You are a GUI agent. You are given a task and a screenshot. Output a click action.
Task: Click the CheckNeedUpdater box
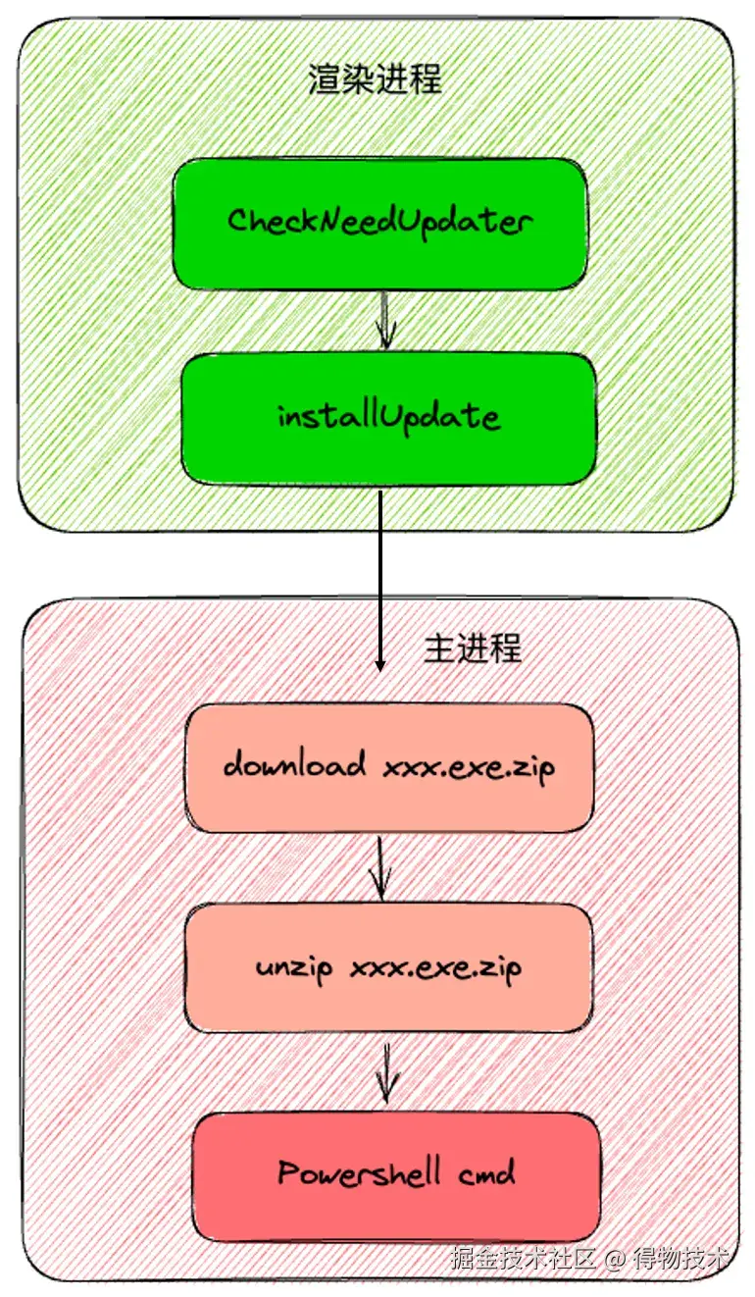379,224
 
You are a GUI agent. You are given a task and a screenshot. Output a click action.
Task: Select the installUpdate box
389,419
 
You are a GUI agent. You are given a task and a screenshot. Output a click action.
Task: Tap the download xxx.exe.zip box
389,767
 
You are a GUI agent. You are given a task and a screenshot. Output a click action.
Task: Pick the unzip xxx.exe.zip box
389,968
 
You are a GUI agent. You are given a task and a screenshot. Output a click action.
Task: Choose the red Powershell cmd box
396,1174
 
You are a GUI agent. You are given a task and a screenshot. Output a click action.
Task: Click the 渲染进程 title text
375,79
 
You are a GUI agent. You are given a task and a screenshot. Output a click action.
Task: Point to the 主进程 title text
473,648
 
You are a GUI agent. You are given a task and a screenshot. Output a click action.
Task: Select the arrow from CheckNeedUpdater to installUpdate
385,321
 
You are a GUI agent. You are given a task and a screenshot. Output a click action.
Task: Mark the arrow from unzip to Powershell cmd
387,1071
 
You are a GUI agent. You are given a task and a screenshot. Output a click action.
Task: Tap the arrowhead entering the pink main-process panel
380,662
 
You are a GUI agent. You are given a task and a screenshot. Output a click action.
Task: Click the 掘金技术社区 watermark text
524,1258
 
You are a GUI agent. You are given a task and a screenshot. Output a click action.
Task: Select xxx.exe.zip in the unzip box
435,968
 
